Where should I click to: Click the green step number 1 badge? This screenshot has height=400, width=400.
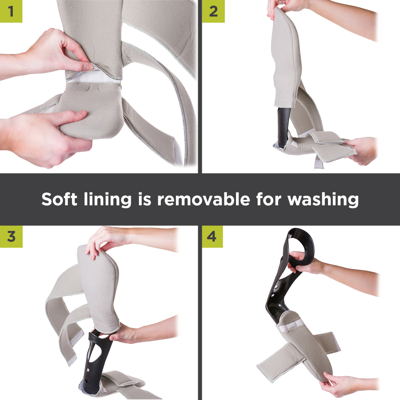[x=11, y=11]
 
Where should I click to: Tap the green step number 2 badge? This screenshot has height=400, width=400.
[x=213, y=11]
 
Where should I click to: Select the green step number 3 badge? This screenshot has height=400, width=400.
[x=11, y=237]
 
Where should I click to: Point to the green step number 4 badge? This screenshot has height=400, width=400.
[x=212, y=237]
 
